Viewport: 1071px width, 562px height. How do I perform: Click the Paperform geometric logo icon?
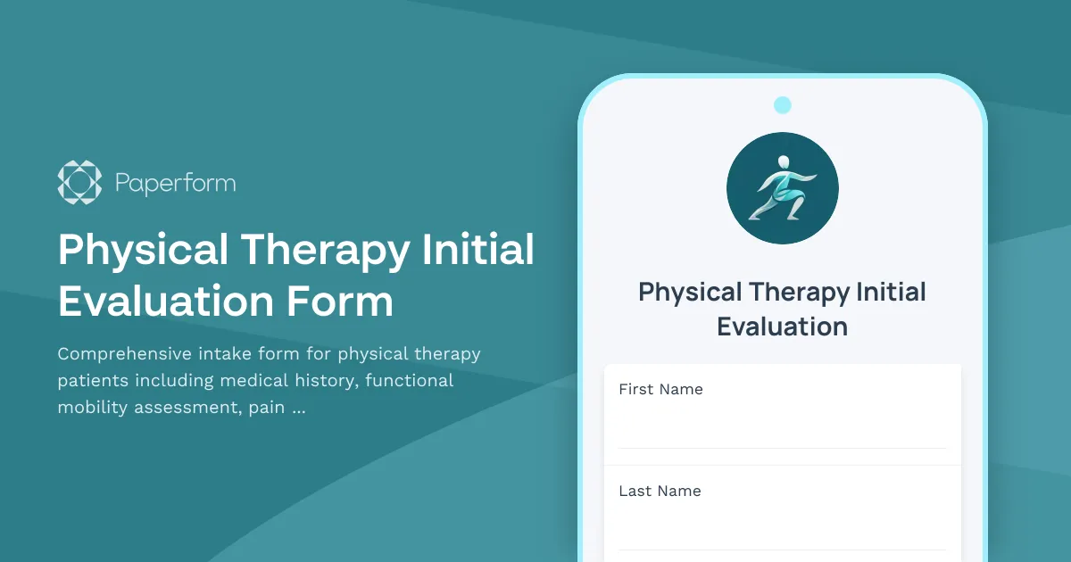(79, 183)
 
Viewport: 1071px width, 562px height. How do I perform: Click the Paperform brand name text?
(175, 184)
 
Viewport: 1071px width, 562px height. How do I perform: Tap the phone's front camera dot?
(783, 105)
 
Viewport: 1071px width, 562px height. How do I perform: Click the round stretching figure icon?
(783, 189)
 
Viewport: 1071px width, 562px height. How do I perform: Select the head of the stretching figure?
(783, 162)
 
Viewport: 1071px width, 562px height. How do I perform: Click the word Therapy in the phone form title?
(799, 292)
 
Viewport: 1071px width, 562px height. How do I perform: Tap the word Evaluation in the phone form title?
(783, 326)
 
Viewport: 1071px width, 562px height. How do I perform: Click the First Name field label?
(660, 389)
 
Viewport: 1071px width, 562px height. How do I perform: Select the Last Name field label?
(660, 491)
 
